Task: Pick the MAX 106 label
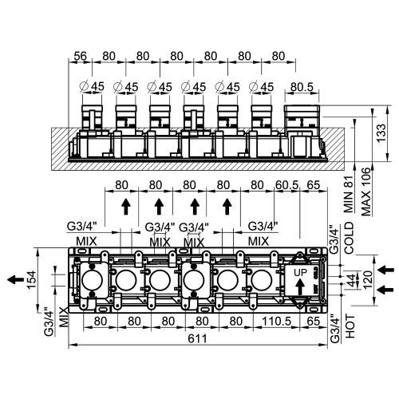pos(366,189)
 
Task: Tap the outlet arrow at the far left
pos(14,279)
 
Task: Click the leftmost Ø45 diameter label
pos(93,86)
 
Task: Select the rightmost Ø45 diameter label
pos(263,86)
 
